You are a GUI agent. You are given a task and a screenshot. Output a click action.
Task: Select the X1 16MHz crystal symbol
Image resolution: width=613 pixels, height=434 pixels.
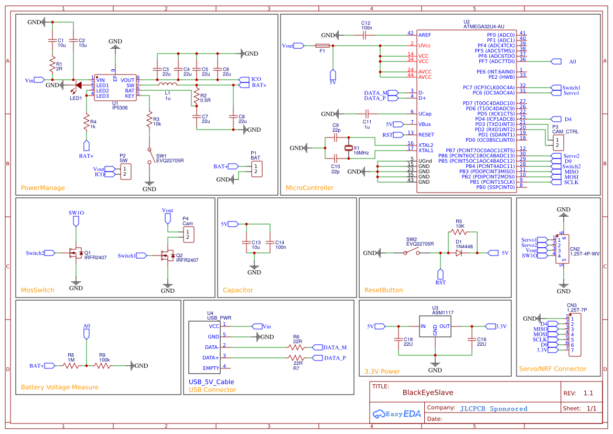pyautogui.click(x=348, y=148)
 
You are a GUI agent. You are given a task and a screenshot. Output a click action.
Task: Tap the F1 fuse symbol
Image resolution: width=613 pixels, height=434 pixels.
pyautogui.click(x=322, y=46)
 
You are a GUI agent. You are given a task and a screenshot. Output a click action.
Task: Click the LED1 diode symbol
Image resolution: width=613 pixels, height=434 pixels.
pyautogui.click(x=78, y=85)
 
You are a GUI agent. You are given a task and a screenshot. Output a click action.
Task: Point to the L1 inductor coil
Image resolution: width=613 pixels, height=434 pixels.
pyautogui.click(x=167, y=84)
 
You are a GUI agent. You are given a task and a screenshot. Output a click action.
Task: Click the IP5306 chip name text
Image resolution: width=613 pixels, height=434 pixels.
pyautogui.click(x=119, y=107)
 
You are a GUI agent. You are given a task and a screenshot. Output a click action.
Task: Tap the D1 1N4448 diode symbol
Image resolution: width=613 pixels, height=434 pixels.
pyautogui.click(x=458, y=253)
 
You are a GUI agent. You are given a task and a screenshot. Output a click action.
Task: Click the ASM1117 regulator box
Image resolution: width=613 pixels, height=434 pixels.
pyautogui.click(x=435, y=326)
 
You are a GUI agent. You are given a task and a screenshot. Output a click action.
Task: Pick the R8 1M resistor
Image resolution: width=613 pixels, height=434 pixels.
pyautogui.click(x=71, y=366)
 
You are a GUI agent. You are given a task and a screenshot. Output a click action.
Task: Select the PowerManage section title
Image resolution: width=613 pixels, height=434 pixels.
pyautogui.click(x=43, y=187)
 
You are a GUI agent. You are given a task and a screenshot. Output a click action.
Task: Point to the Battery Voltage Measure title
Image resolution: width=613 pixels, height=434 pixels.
pyautogui.click(x=60, y=387)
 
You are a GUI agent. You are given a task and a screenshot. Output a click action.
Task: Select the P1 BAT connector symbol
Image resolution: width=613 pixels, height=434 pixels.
pyautogui.click(x=256, y=169)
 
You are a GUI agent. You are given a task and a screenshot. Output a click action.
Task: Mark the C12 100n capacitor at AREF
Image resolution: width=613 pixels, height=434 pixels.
pyautogui.click(x=365, y=35)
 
